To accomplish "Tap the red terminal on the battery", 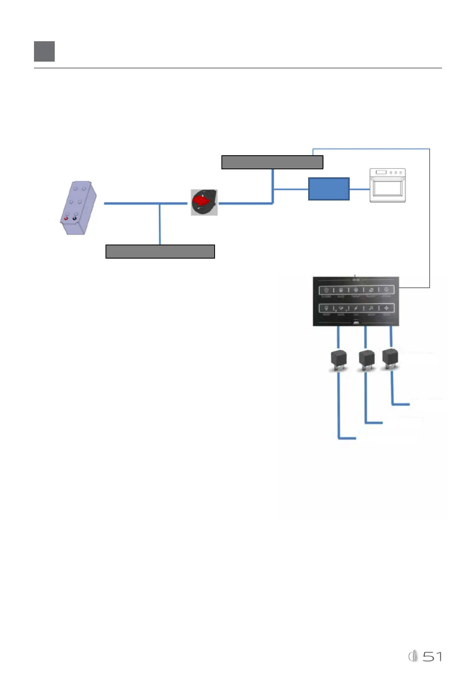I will click(66, 219).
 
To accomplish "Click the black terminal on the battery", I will click(74, 219).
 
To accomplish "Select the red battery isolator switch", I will click(204, 203).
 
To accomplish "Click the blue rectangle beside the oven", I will click(329, 189).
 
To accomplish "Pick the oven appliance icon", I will click(387, 185).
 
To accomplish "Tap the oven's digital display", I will click(380, 173).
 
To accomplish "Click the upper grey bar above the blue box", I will click(272, 162).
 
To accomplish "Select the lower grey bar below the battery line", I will click(160, 252).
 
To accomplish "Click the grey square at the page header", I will click(44, 51).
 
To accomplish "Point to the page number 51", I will click(432, 656).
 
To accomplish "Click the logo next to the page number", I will click(413, 656).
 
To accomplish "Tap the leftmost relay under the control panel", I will click(339, 359).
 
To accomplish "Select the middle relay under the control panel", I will click(366, 359).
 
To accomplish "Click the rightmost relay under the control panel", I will click(390, 357).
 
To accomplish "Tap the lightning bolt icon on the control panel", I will click(356, 308).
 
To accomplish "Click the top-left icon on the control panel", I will click(326, 290).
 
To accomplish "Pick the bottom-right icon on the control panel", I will click(386, 308).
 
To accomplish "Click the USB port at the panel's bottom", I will click(356, 322).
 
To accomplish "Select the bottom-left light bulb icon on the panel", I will click(326, 308).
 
